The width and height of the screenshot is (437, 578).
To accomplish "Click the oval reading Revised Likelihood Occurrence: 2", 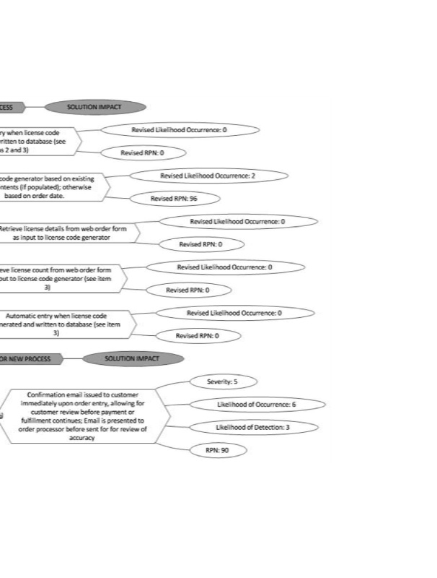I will coord(208,176).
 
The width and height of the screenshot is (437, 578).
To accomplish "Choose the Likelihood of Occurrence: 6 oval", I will coord(257,405).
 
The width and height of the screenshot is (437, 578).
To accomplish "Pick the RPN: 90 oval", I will coord(216,450).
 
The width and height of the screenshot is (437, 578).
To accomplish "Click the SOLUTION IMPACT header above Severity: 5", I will coord(132,358).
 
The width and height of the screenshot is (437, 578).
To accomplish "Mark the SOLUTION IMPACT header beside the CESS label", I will coord(94,107).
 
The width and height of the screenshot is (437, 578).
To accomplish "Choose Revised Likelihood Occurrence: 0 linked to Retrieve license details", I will coord(237,221).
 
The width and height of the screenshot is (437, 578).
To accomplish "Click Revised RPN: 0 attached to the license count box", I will coord(187,290).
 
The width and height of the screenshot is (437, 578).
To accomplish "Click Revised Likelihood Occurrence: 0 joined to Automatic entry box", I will coord(234,313).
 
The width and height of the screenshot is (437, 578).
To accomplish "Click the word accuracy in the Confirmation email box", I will coord(81,437).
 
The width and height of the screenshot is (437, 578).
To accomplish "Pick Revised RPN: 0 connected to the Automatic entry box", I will coord(197,336).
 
